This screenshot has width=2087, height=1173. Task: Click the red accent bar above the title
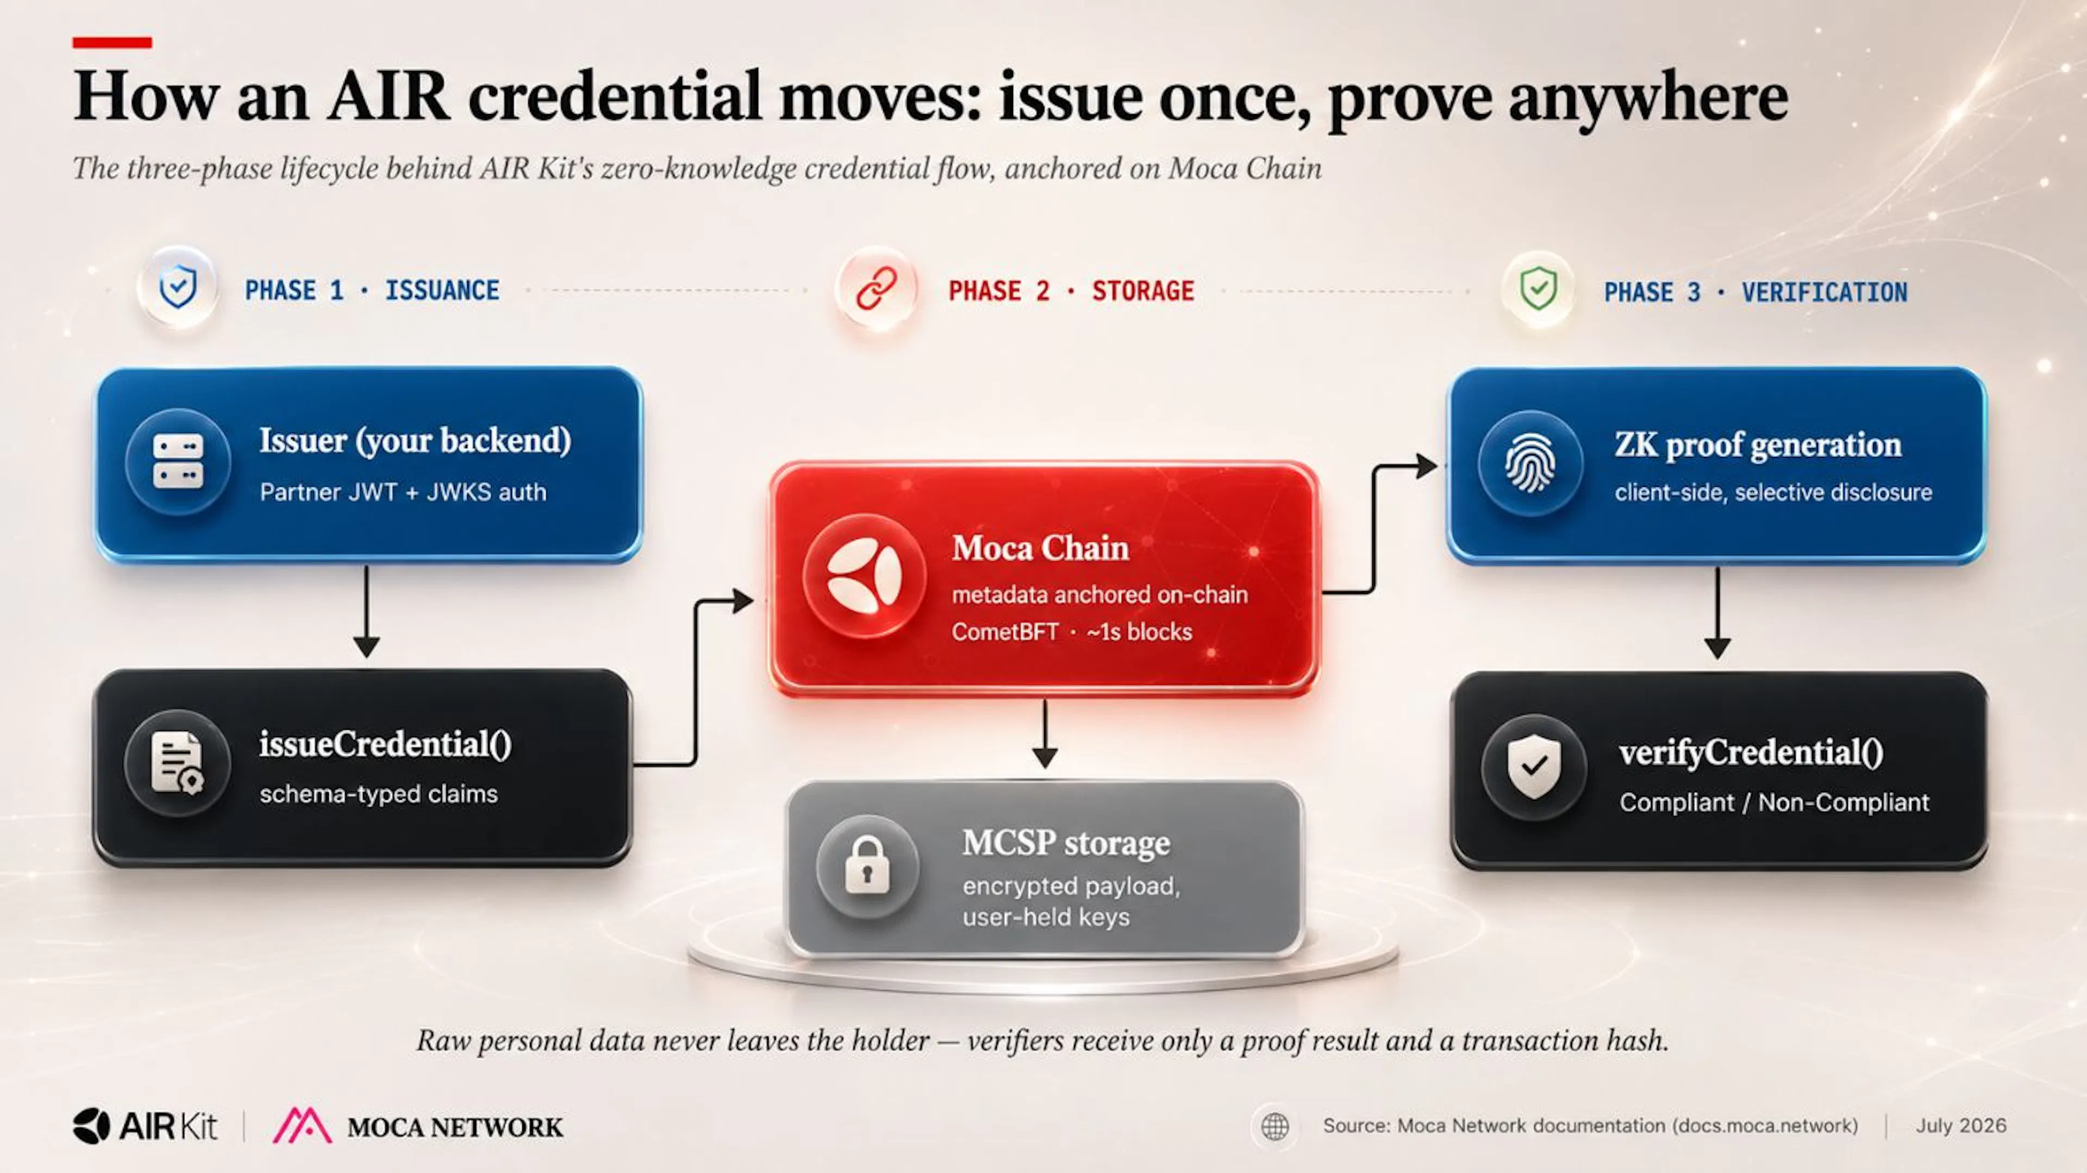pos(112,42)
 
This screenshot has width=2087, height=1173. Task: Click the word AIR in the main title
pos(388,96)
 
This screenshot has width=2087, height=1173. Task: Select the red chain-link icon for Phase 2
pos(877,288)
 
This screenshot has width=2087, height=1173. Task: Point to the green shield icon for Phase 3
pos(1538,288)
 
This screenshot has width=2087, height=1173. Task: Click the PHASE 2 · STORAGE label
pos(1071,291)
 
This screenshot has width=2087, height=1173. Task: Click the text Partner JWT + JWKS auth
pos(403,492)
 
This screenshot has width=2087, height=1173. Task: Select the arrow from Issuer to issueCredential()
pos(366,612)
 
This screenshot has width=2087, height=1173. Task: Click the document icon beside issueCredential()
pos(177,762)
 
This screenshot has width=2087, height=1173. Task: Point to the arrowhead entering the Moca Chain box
pos(743,600)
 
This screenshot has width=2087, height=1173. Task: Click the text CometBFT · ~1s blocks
pos(1071,632)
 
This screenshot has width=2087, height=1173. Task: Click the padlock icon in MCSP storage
pos(867,866)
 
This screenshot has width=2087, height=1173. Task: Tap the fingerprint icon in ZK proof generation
pos(1529,462)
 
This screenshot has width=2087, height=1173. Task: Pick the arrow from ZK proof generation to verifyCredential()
pos(1717,612)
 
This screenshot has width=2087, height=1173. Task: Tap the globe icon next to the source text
pos(1275,1126)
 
